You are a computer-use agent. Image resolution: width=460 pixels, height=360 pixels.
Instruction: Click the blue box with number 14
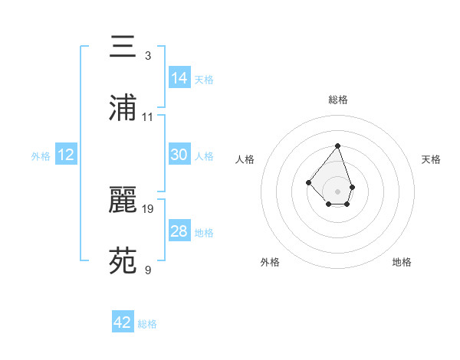point(179,77)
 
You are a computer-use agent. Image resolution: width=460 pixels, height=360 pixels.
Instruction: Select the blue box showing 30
point(179,155)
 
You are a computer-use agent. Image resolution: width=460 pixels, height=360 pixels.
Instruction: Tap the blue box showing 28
point(179,231)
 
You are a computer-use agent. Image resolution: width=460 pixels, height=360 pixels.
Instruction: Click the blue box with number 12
point(66,155)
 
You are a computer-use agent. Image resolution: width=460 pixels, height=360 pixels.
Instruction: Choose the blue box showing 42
point(123,322)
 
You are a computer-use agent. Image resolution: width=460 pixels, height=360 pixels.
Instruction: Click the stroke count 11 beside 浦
point(148,117)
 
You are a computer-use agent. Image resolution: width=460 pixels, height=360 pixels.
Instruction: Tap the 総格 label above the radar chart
point(338,100)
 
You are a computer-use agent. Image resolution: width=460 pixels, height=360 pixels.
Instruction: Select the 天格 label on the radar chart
point(432,159)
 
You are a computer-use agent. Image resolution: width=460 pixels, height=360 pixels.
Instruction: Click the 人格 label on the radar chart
point(245,159)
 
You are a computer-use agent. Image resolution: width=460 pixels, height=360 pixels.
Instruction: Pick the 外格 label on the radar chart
point(270,262)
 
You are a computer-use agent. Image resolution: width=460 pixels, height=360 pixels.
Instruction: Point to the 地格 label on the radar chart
point(402,262)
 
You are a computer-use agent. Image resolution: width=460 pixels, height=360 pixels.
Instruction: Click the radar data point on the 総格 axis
point(337,146)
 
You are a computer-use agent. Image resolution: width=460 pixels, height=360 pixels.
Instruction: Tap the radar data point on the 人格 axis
point(308,182)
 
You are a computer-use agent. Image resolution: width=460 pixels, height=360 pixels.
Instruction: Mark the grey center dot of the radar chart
point(337,191)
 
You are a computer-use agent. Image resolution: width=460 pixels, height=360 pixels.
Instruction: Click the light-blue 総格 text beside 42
point(147,324)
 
